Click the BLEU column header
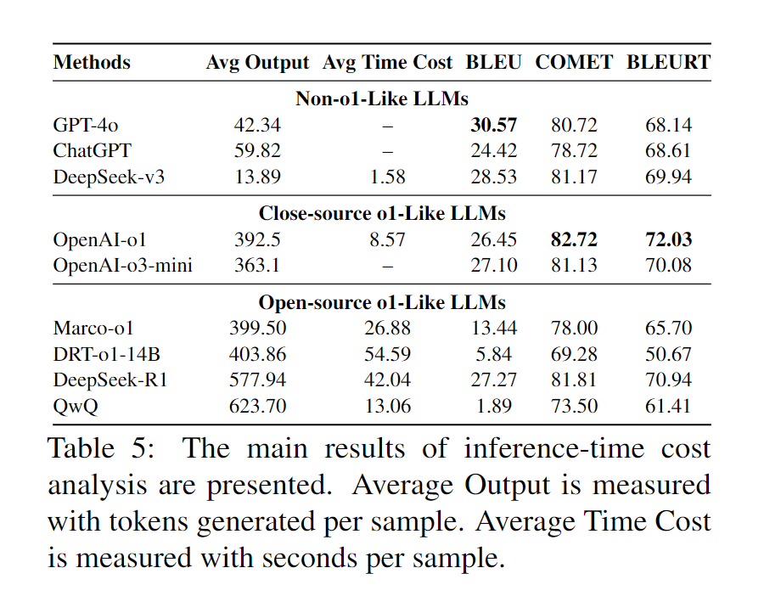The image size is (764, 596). pos(493,63)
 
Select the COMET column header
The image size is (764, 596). pos(574,63)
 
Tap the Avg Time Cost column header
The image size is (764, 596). pos(388,63)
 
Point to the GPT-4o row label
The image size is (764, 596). pos(85,126)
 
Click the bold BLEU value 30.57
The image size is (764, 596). pos(493,126)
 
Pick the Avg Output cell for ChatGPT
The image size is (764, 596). pos(257,151)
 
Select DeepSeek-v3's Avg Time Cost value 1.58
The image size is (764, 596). pos(388,177)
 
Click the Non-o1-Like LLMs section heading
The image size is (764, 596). pos(382,98)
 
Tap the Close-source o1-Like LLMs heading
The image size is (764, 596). pos(382,213)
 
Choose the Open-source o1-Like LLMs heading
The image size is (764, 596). pos(382,302)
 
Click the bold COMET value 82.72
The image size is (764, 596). pos(574,240)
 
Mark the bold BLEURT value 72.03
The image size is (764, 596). pos(668,240)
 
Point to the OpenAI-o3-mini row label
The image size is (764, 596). pos(122,266)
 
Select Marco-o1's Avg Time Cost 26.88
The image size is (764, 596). pos(388,329)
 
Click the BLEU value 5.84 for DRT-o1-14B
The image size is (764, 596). pos(493,354)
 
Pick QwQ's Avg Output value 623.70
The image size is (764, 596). pos(257,406)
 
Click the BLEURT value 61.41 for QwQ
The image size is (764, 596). pos(668,406)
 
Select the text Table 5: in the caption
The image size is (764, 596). pos(101,448)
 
